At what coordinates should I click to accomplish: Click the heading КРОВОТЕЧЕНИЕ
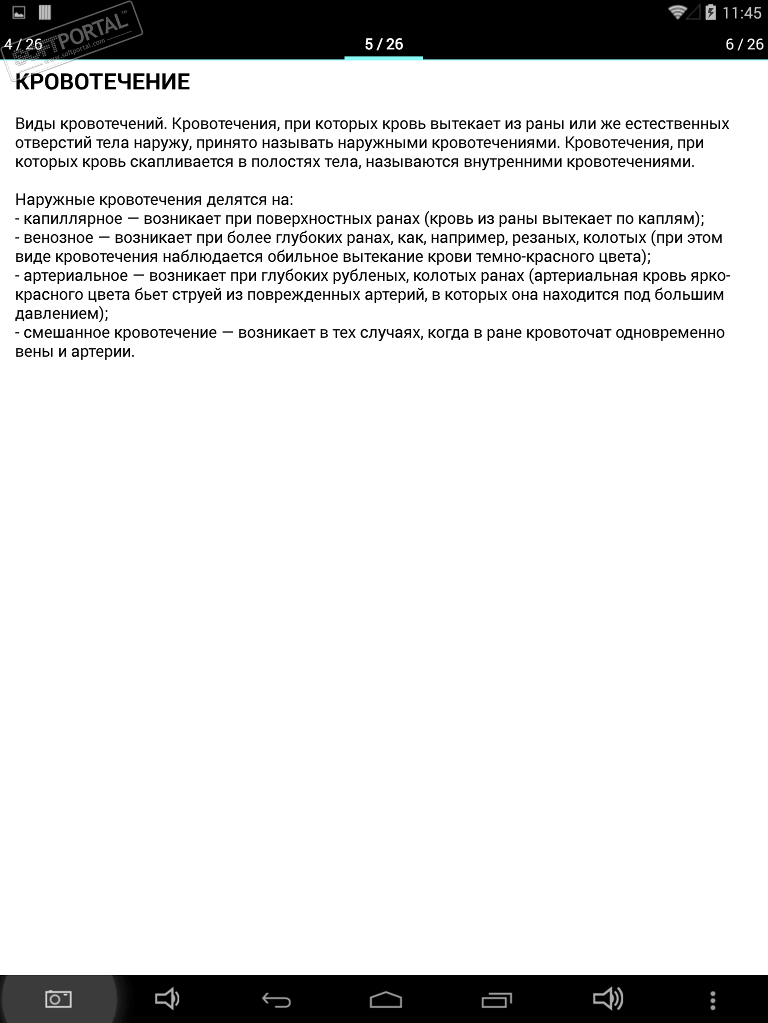coord(102,82)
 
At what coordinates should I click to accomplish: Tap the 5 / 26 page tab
coord(383,44)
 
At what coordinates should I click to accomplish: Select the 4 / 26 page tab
coord(23,44)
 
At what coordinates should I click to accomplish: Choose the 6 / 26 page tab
coord(744,44)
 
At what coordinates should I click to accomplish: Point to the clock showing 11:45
coord(741,13)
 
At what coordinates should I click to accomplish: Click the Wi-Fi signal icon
coord(677,12)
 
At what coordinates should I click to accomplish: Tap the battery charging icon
coord(710,12)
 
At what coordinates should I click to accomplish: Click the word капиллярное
coord(73,219)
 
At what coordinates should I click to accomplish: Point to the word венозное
coord(58,238)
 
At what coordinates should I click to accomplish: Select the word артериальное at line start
coord(76,276)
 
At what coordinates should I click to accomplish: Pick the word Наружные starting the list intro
coord(54,200)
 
